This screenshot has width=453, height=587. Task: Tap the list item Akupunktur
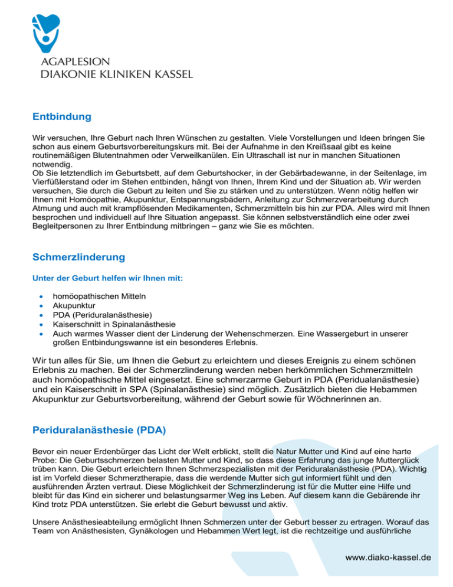tap(73, 306)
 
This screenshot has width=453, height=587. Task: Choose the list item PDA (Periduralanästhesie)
tap(102, 315)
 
